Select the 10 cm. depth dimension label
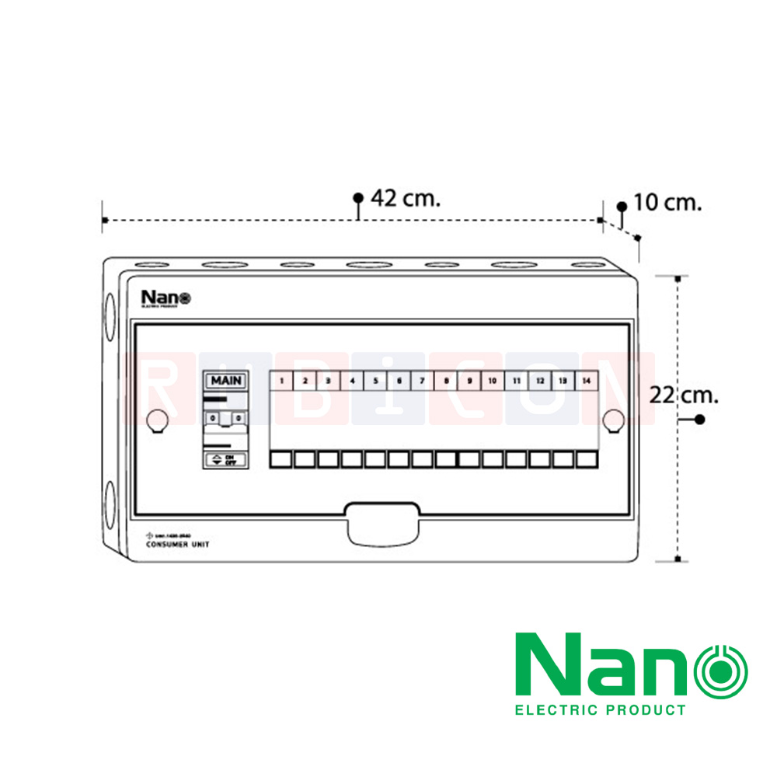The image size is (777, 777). [x=667, y=203]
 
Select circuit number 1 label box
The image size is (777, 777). [x=281, y=381]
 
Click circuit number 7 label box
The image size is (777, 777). [x=422, y=381]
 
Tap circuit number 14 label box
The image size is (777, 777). [x=586, y=381]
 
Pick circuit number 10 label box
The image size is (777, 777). [x=492, y=381]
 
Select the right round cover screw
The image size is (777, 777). [x=613, y=420]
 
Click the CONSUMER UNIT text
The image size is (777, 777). [x=177, y=545]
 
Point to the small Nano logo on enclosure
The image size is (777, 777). [x=165, y=298]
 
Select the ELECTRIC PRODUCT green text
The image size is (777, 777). [x=601, y=709]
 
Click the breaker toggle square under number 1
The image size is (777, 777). [x=281, y=459]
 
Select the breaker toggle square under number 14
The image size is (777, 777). [x=586, y=459]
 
